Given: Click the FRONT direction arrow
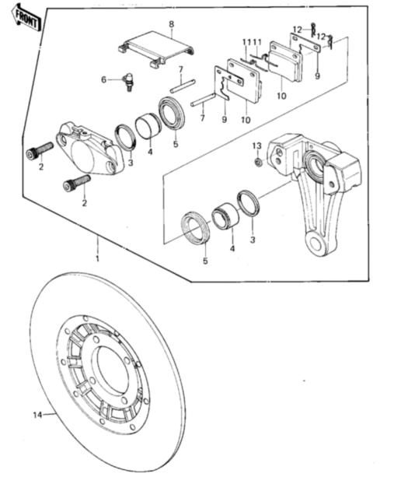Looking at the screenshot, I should click(24, 19).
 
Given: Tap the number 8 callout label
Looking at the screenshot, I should click(171, 24).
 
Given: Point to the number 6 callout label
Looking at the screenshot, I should click(103, 79).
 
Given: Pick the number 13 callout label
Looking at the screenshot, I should click(256, 146).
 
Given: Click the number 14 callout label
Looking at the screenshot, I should click(36, 415).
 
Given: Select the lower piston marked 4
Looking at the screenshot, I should click(224, 216).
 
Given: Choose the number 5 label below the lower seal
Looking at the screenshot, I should click(205, 261).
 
